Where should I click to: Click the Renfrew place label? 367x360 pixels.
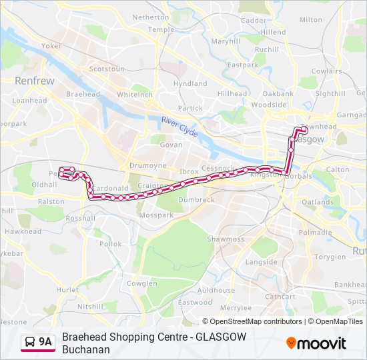coord(34,81)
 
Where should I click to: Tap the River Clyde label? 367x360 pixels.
coord(179,127)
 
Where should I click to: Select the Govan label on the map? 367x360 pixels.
coord(171,145)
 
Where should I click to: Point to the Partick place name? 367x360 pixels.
coord(191,108)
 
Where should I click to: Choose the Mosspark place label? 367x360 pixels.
coord(155,215)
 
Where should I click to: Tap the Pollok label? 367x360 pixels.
coord(111,244)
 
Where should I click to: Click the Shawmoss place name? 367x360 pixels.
coord(226,239)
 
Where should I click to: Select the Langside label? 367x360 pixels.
coord(261,262)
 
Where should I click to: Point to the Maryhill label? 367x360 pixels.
coord(225,41)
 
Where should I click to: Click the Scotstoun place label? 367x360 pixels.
coord(107,69)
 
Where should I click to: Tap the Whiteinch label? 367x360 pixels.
coord(135,95)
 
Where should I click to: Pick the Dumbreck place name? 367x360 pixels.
coord(196,199)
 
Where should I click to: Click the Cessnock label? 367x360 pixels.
coord(218,169)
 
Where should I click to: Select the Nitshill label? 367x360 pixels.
coord(91,307)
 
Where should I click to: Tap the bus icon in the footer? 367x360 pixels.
coord(30,342)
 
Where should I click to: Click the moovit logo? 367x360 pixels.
coord(316,343)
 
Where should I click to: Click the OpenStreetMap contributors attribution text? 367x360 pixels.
coord(252,321)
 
